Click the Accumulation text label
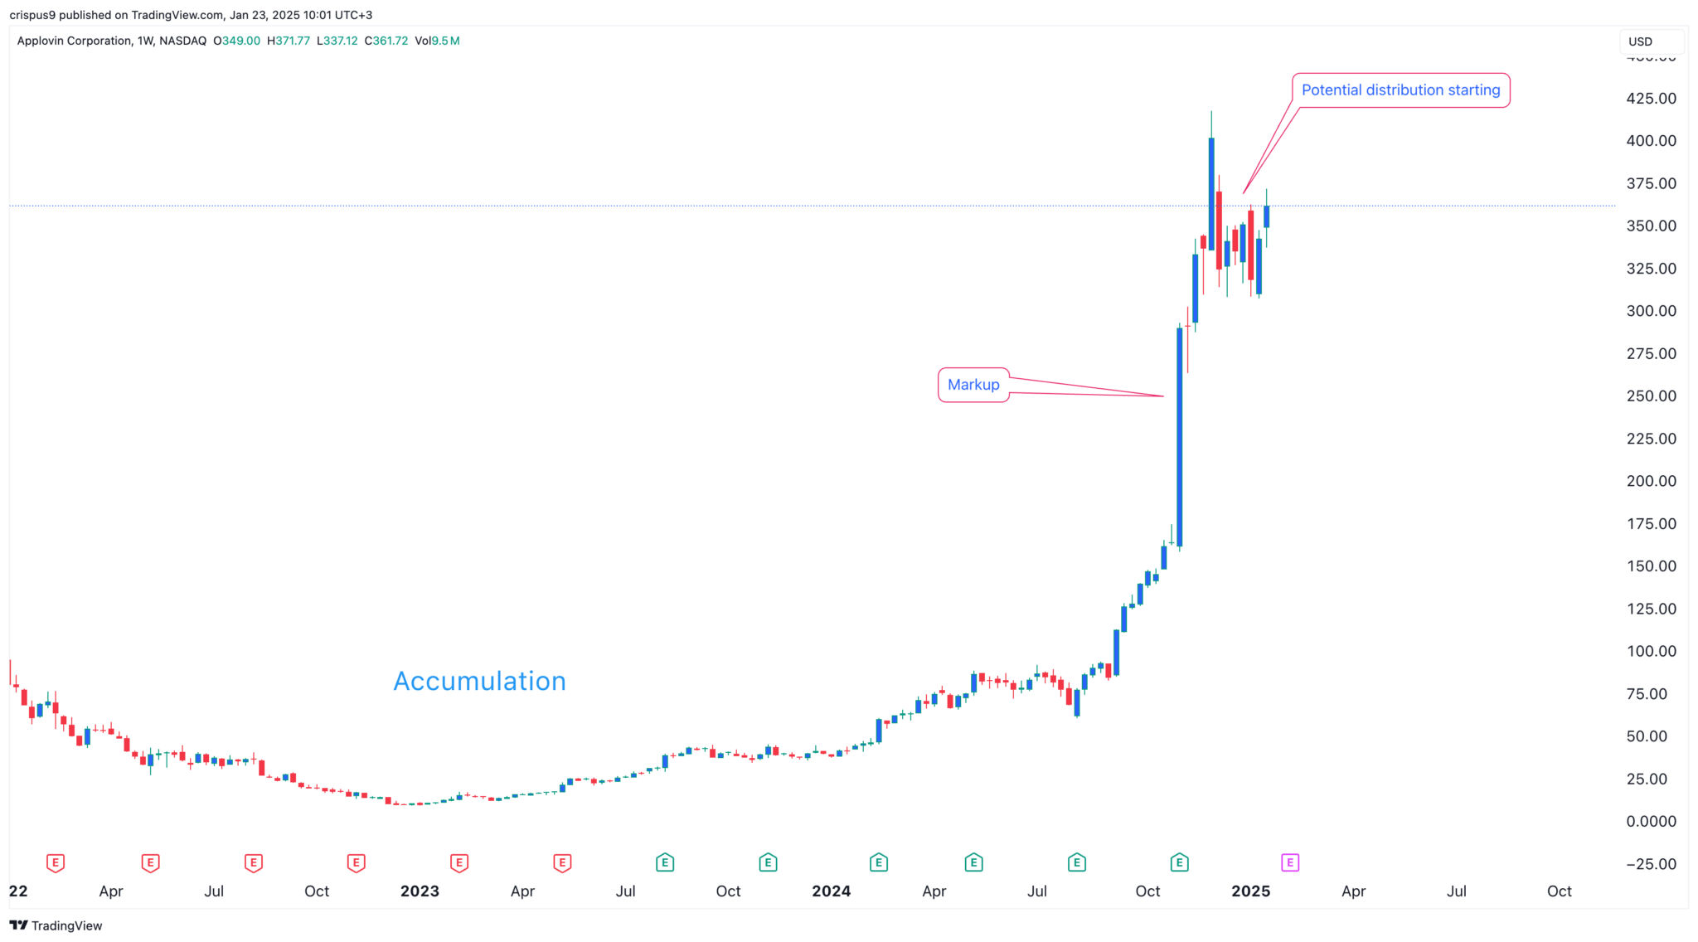tap(479, 681)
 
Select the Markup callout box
tap(973, 385)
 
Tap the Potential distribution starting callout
tap(1400, 90)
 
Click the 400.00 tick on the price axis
tap(1651, 141)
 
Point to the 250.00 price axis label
tap(1651, 396)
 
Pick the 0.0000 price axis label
tap(1651, 821)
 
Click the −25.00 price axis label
tap(1651, 864)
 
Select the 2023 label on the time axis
tap(420, 891)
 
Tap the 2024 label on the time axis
tap(831, 891)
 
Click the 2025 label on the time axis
tap(1250, 891)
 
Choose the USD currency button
tap(1640, 41)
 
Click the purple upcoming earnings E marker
tap(1290, 863)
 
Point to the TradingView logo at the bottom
tap(56, 925)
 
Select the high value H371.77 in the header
tap(289, 41)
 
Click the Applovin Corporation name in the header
tap(74, 41)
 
